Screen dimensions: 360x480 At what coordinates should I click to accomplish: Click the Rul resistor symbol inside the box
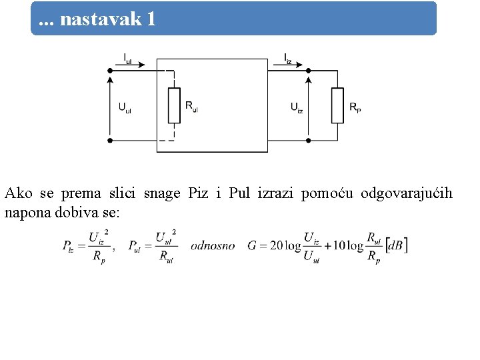pos(174,105)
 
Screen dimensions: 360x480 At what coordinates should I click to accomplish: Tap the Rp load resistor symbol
pos(337,105)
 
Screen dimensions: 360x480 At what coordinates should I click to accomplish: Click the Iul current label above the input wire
pos(128,58)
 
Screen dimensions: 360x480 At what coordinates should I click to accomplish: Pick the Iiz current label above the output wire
pos(287,58)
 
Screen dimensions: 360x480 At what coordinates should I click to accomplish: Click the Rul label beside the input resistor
pos(191,106)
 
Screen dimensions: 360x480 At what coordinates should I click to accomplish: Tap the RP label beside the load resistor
pos(355,107)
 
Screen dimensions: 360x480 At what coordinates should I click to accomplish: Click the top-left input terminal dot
pos(110,69)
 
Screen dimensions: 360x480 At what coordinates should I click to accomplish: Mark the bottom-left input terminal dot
pos(110,140)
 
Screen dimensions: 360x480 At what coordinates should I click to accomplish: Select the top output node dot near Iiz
pos(308,69)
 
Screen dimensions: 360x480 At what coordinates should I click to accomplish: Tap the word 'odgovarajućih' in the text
pos(407,194)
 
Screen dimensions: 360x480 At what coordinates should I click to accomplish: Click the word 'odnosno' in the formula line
pos(213,246)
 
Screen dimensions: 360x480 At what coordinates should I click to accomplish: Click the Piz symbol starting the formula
pos(68,246)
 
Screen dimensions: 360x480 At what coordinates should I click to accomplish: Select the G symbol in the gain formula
pos(252,246)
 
